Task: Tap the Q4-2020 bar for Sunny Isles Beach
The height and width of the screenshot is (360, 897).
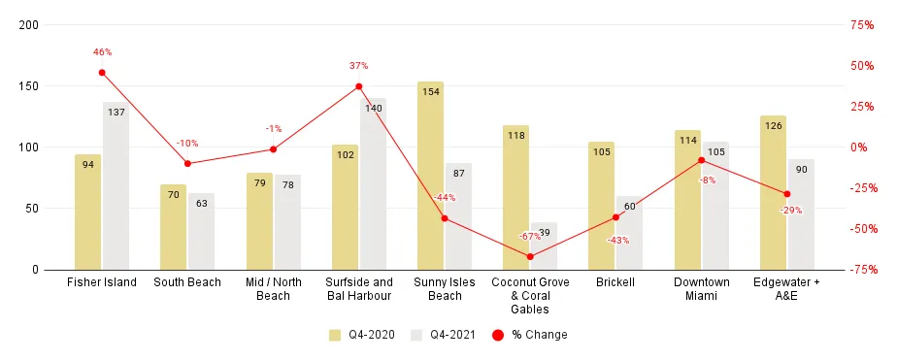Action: point(431,176)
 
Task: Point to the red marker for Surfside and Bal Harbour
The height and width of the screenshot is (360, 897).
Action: point(359,86)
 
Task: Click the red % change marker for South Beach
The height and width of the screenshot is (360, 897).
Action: point(187,164)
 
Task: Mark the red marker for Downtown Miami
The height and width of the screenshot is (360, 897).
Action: point(702,160)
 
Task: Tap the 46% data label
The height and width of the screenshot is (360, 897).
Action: point(102,52)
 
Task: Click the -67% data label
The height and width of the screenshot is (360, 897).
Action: point(529,236)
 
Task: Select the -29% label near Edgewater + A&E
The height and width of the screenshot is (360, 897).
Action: point(790,210)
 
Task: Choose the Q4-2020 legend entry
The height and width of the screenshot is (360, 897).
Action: point(361,335)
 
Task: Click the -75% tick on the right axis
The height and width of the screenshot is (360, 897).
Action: point(862,270)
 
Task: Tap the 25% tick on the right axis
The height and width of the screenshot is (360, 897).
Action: point(862,107)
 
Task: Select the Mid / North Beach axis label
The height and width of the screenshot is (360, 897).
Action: point(273,288)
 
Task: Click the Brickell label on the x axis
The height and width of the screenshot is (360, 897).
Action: point(615,282)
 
